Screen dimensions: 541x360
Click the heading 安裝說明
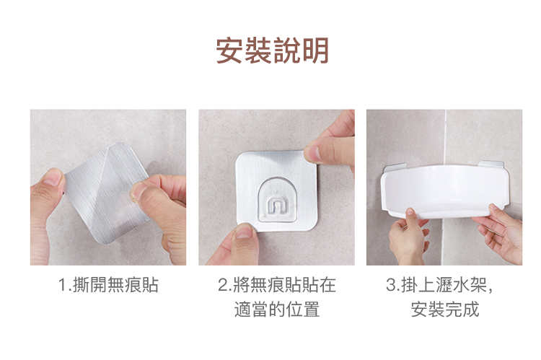(x=272, y=51)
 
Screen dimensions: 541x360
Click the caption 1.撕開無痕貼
(x=108, y=285)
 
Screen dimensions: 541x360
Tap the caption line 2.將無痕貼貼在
(x=277, y=285)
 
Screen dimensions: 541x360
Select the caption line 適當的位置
(x=277, y=309)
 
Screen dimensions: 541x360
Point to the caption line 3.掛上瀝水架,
(x=440, y=285)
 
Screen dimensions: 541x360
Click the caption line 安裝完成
(x=445, y=309)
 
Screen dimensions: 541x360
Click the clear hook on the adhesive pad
(x=276, y=200)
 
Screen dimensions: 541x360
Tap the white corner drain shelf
(x=445, y=192)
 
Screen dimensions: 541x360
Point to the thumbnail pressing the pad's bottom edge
(x=244, y=232)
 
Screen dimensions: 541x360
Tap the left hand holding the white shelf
(x=408, y=237)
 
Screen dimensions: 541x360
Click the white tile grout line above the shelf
(x=446, y=137)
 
